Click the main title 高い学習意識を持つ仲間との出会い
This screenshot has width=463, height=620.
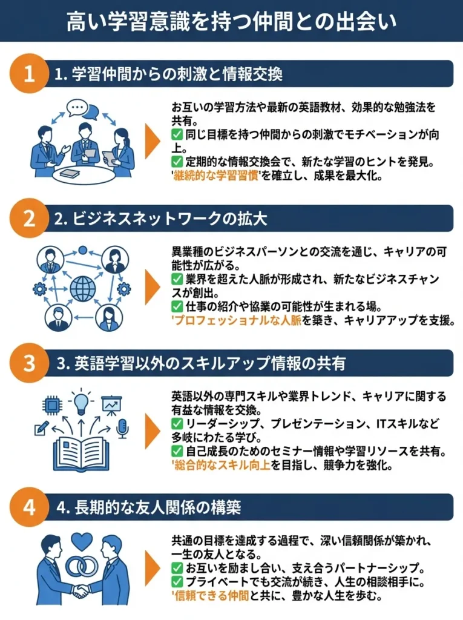click(231, 22)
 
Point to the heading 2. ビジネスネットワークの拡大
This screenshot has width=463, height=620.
click(160, 219)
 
